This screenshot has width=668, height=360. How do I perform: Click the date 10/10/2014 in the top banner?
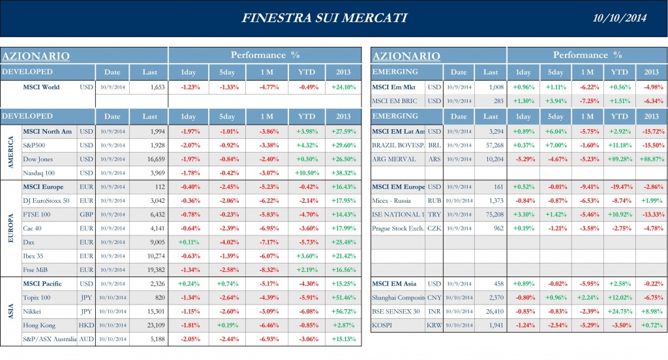pyautogui.click(x=621, y=18)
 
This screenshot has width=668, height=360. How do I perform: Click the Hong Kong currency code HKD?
pyautogui.click(x=86, y=325)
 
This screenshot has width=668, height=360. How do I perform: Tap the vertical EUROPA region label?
pyautogui.click(x=11, y=228)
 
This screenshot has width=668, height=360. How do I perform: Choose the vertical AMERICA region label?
pyautogui.click(x=11, y=152)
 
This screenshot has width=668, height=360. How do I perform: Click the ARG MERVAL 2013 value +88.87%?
pyautogui.click(x=650, y=158)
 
